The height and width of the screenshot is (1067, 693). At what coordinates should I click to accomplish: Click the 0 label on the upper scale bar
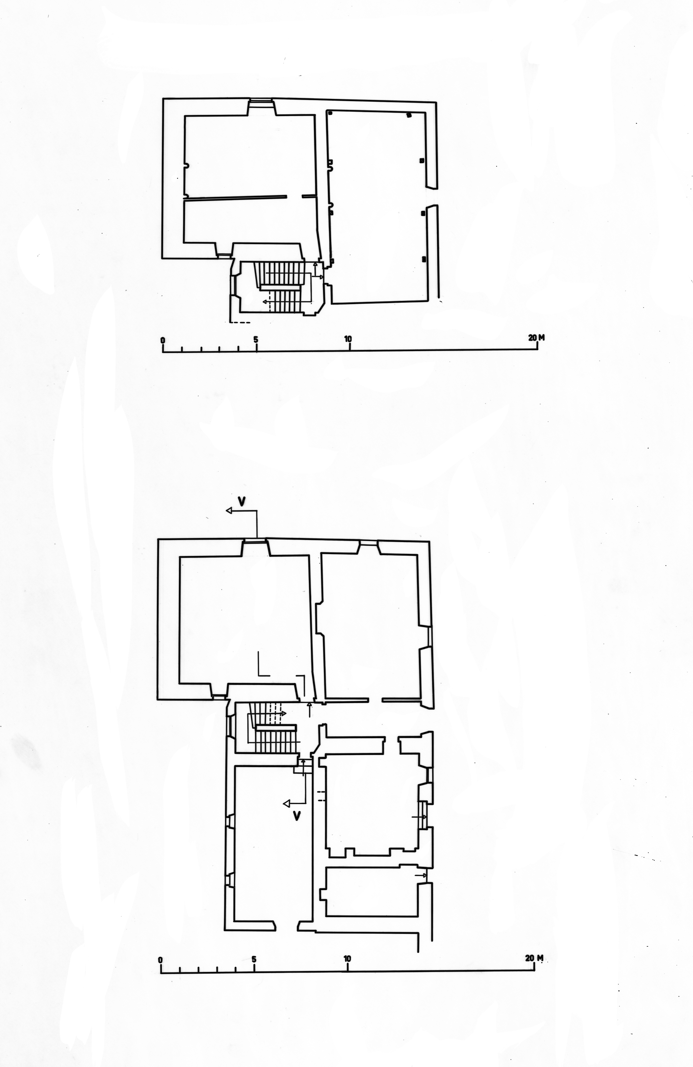pyautogui.click(x=163, y=340)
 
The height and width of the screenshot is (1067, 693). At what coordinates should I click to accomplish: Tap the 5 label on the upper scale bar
pyautogui.click(x=256, y=339)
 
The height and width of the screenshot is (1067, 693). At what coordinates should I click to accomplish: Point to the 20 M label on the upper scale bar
pyautogui.click(x=536, y=338)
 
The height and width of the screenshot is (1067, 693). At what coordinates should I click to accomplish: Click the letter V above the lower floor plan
pyautogui.click(x=241, y=501)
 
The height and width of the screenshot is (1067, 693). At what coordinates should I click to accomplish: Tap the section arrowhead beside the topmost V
pyautogui.click(x=229, y=511)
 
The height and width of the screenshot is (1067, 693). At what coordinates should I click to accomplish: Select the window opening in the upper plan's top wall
pyautogui.click(x=261, y=101)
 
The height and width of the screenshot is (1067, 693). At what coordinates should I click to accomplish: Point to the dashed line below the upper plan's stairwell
pyautogui.click(x=240, y=322)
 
